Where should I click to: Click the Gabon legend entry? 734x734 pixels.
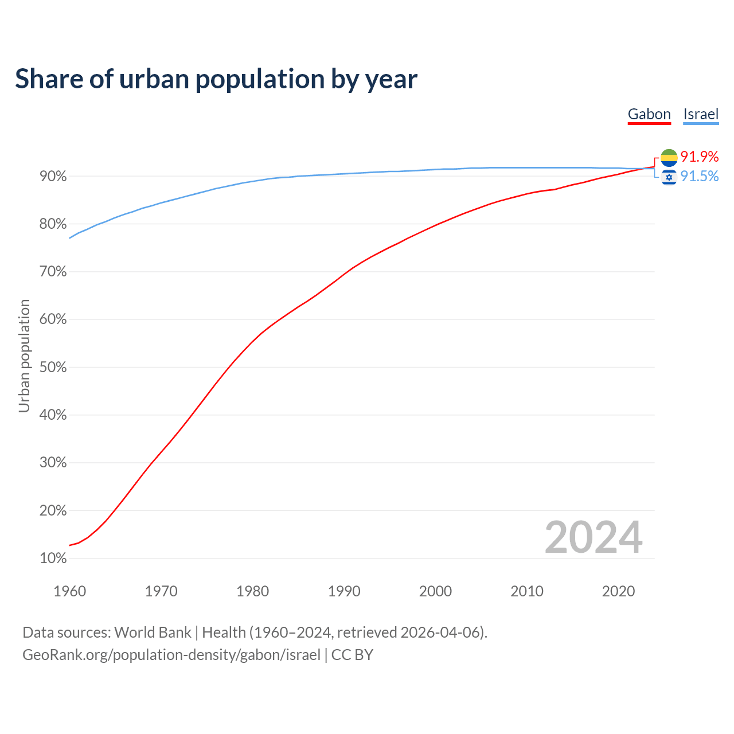649,114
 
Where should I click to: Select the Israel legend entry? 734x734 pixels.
701,114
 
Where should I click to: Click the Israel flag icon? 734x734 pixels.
669,177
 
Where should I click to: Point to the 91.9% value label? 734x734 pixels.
700,157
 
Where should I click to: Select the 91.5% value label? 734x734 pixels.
700,176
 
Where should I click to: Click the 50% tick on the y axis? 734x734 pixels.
53,367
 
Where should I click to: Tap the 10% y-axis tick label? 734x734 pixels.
53,558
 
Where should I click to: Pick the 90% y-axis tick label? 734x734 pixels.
53,176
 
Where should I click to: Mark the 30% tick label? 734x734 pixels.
53,463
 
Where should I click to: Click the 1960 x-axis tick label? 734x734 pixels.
69,591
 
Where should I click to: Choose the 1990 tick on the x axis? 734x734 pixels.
344,591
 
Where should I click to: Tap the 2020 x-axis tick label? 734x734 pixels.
618,591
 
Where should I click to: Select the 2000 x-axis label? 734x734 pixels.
435,591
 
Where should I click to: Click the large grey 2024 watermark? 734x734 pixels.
594,537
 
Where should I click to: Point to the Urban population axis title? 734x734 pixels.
24,356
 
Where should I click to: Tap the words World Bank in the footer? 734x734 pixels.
153,633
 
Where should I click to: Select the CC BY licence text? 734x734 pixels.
352,655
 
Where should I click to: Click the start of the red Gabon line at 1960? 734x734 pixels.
70,545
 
